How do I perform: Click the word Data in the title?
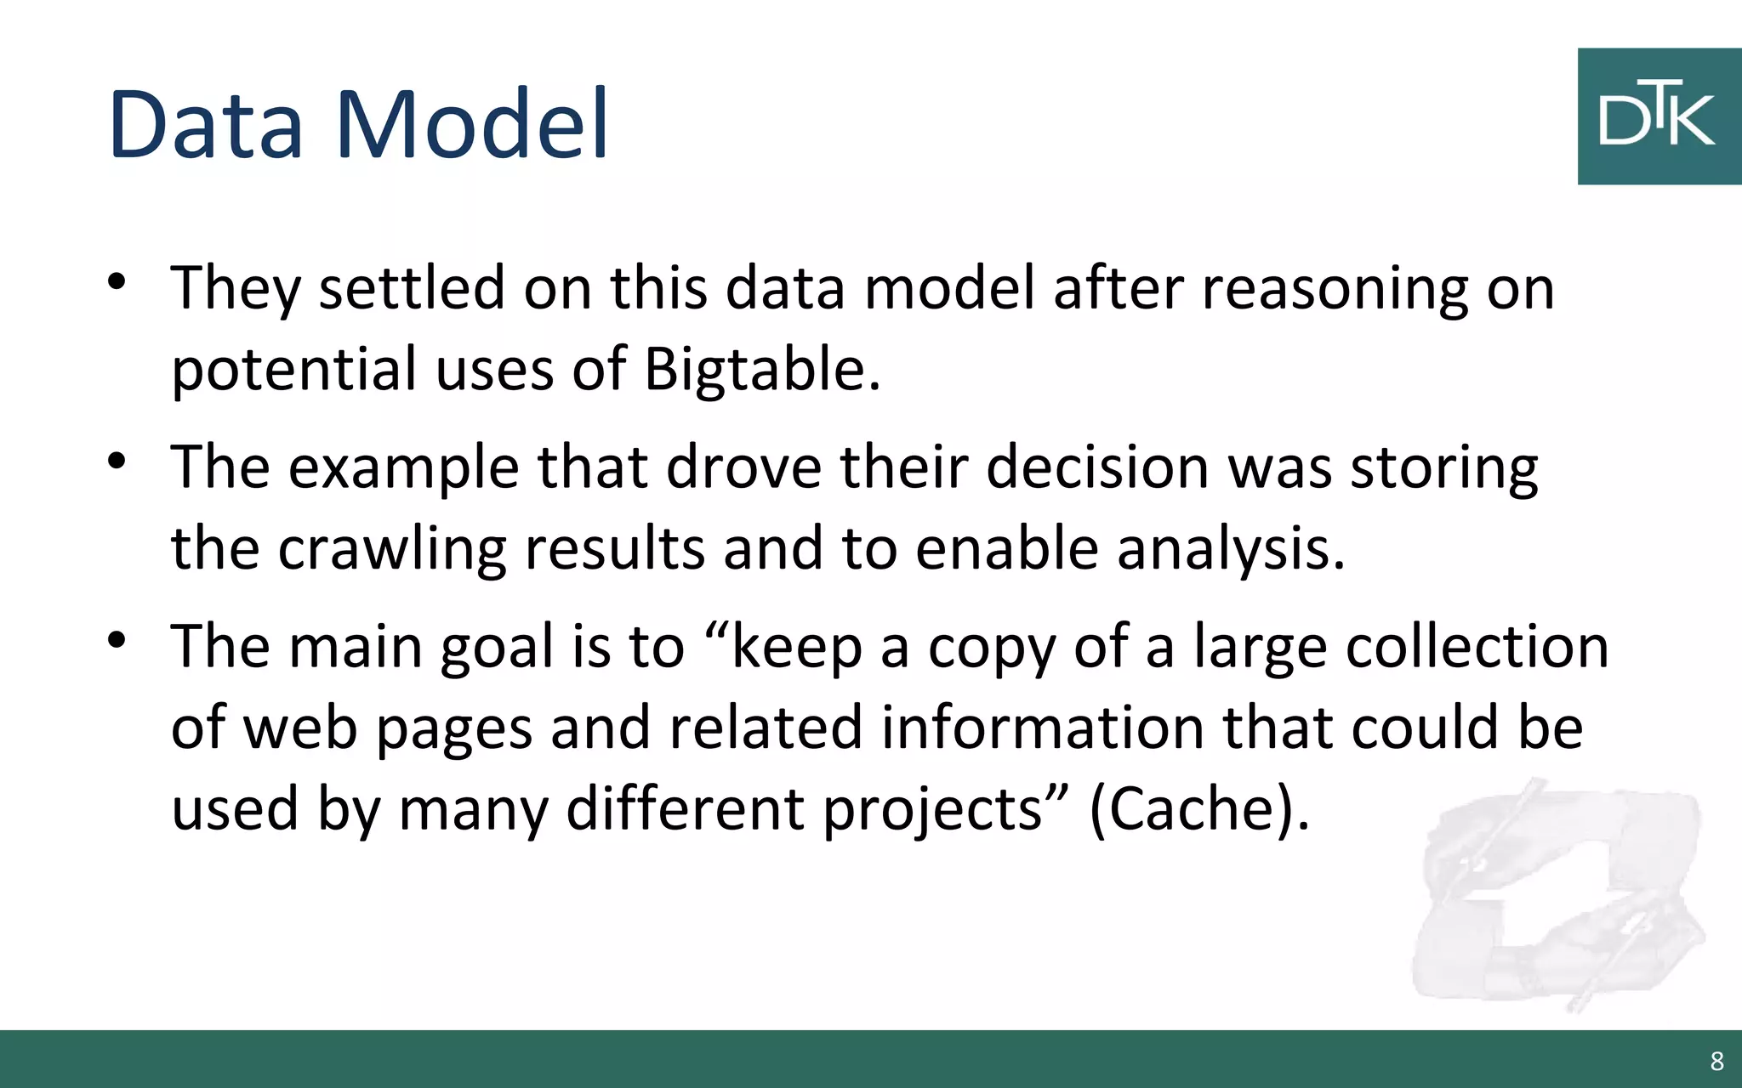pos(205,124)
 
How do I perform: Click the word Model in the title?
pos(473,124)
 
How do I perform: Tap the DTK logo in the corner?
pos(1659,116)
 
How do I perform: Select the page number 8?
pos(1716,1061)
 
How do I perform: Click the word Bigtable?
pos(761,370)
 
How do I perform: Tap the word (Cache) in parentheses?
pos(1199,808)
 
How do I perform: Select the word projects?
pos(944,808)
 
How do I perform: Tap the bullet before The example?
pos(117,461)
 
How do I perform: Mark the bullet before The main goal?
pos(117,640)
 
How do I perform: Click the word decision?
pos(1097,467)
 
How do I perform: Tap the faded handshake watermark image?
pos(1557,901)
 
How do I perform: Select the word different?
pos(685,808)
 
